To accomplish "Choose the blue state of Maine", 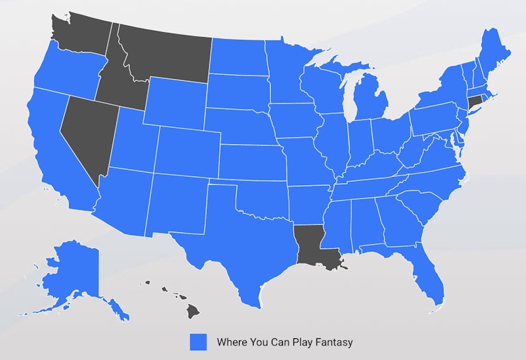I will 492,52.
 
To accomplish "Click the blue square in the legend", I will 198,341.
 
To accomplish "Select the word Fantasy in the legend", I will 333,342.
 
